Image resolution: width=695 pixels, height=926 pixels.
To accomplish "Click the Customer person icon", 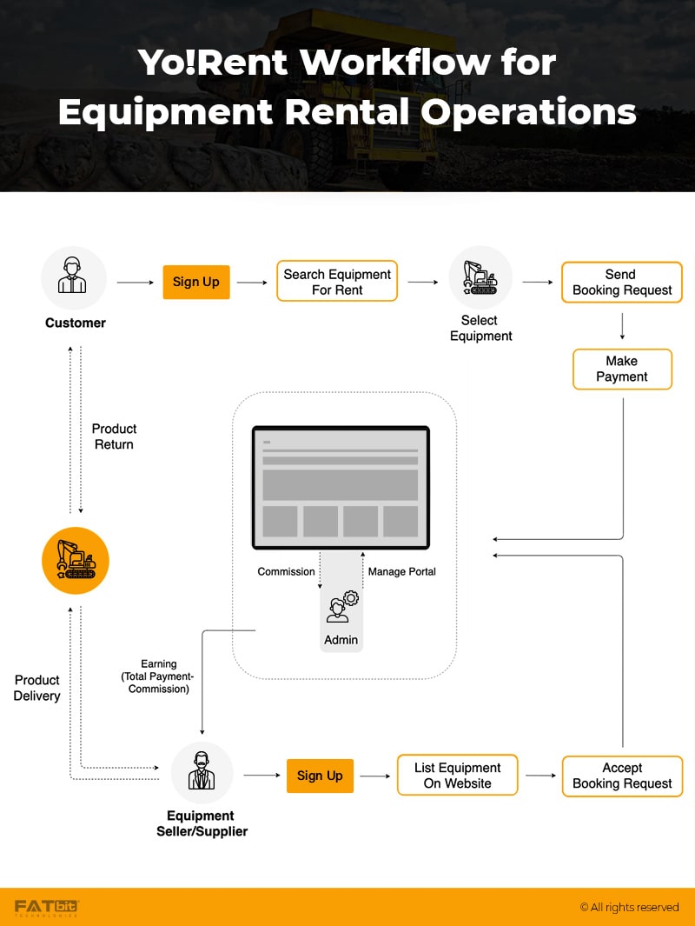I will click(74, 278).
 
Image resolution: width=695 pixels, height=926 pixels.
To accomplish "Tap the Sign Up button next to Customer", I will click(196, 282).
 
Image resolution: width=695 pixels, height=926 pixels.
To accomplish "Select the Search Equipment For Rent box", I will click(337, 282).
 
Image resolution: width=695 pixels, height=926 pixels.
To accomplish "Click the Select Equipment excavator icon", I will click(480, 277).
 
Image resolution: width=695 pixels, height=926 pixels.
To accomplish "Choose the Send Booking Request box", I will click(622, 282).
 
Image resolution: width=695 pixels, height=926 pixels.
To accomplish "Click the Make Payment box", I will click(622, 369).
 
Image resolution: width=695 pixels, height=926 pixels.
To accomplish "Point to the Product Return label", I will click(114, 436).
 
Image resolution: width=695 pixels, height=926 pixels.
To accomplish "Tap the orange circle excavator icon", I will click(76, 561).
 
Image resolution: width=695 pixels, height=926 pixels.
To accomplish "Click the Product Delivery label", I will click(36, 688).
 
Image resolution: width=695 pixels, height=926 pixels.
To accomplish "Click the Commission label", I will click(286, 571).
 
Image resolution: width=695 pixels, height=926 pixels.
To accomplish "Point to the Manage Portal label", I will click(402, 571).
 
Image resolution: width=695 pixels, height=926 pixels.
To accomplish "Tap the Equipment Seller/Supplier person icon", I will click(202, 772).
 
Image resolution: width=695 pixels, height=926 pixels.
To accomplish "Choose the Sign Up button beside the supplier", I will click(320, 776).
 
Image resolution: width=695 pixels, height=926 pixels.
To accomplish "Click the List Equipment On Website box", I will click(457, 776).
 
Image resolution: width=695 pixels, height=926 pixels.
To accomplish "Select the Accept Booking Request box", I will click(622, 776).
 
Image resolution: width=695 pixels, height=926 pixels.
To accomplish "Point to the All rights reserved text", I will click(629, 907).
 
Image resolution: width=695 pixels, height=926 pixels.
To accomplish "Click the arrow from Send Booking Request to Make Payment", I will click(622, 325).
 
